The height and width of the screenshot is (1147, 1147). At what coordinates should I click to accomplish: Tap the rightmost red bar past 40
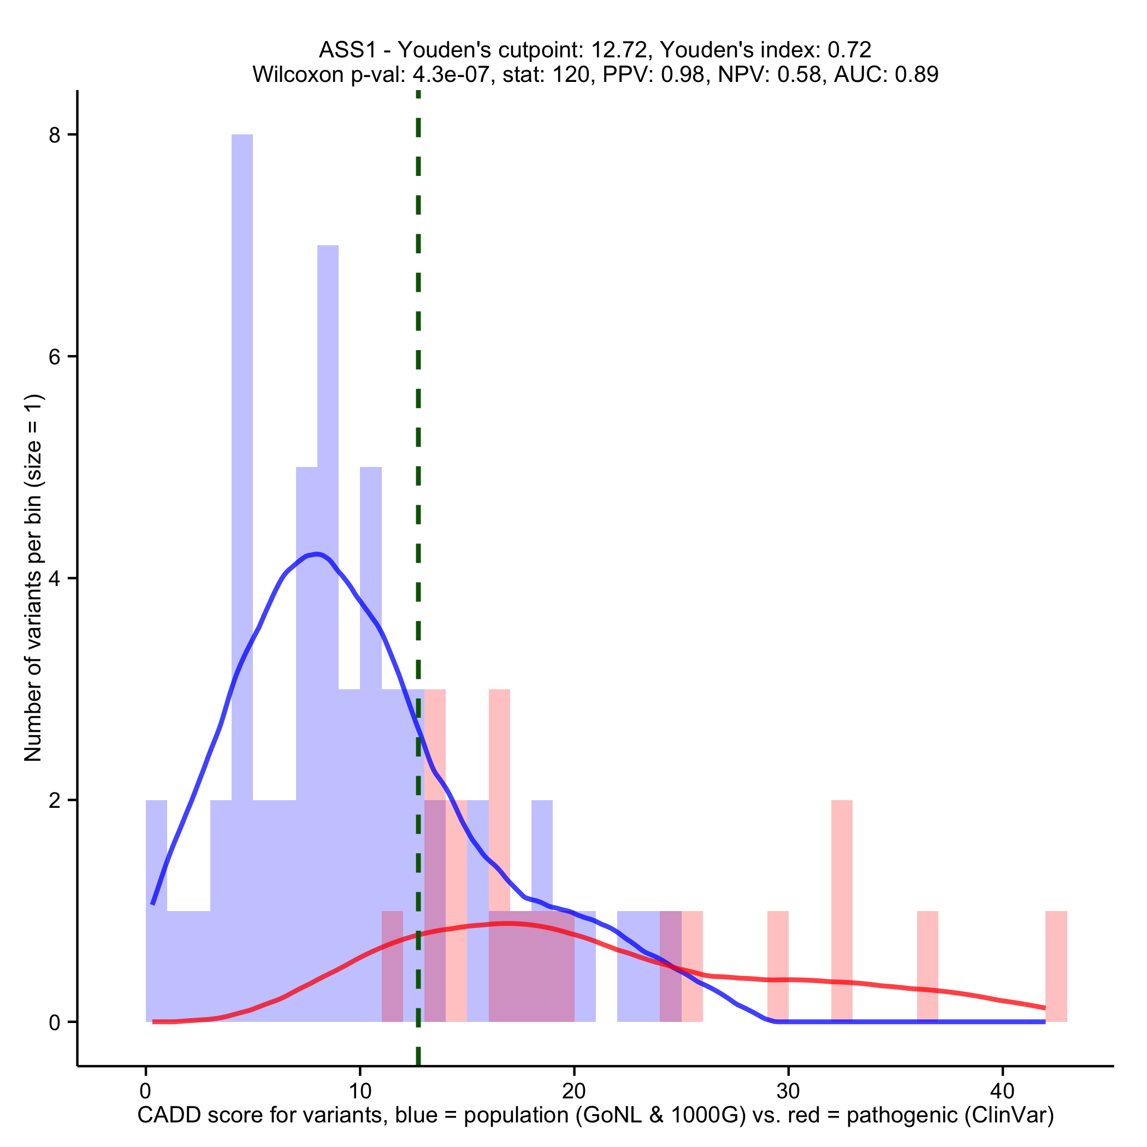tap(1056, 966)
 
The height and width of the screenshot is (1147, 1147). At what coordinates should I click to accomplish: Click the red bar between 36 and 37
tap(927, 966)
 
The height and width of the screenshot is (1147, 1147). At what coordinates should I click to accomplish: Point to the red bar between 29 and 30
tap(778, 966)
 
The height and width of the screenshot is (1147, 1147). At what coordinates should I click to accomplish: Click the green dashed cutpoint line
tap(418, 475)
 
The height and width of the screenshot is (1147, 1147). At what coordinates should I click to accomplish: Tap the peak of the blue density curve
tap(318, 554)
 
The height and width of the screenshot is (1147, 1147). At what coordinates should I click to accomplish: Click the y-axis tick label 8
tap(55, 135)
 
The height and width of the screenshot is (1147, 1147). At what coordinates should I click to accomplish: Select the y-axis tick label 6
tap(55, 357)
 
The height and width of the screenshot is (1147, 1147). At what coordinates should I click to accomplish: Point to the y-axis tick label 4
tap(55, 579)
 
